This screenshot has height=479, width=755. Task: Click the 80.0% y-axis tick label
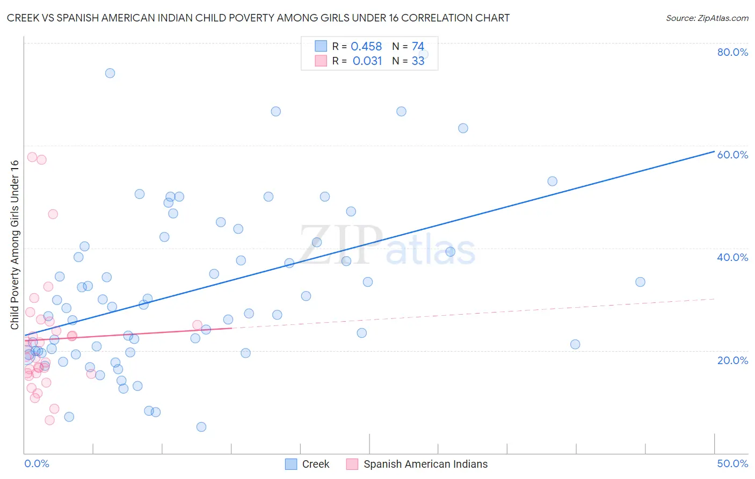pos(732,52)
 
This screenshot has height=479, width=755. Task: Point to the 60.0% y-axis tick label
pos(732,155)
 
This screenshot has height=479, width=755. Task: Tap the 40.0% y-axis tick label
pos(732,257)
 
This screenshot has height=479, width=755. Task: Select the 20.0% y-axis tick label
pos(732,360)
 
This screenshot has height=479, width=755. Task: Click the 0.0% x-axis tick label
pos(37,463)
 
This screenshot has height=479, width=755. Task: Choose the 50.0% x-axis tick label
pos(732,463)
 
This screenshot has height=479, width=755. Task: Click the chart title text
pos(258,18)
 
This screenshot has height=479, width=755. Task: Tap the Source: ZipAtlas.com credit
pos(707,18)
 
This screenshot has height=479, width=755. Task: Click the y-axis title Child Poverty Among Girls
pos(14,245)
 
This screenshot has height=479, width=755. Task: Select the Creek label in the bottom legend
pos(315,464)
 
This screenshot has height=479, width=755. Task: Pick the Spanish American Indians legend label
pos(425,464)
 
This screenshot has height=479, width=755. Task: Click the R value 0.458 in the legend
pos(366,47)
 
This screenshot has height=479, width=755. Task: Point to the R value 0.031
pos(367,61)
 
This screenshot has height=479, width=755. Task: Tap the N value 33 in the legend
pos(418,61)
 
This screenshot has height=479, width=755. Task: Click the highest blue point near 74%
pos(110,73)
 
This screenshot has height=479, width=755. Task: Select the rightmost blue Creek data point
pos(640,282)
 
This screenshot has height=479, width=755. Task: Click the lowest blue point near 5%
pos(201,427)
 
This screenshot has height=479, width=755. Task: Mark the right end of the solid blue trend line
pos(714,151)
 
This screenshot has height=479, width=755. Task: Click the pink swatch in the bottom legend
pos(352,464)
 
